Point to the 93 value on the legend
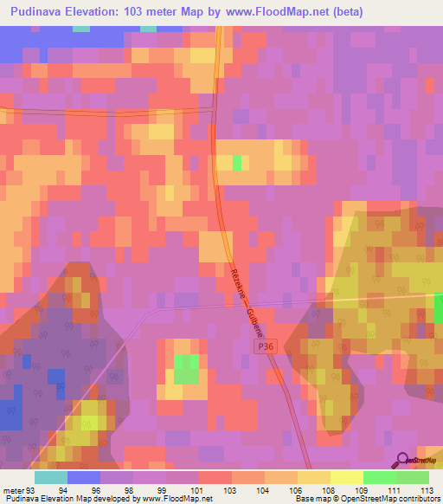(33, 489)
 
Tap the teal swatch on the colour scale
(51, 477)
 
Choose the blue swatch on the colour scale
(84, 477)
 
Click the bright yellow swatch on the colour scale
(346, 477)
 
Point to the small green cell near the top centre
(236, 164)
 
